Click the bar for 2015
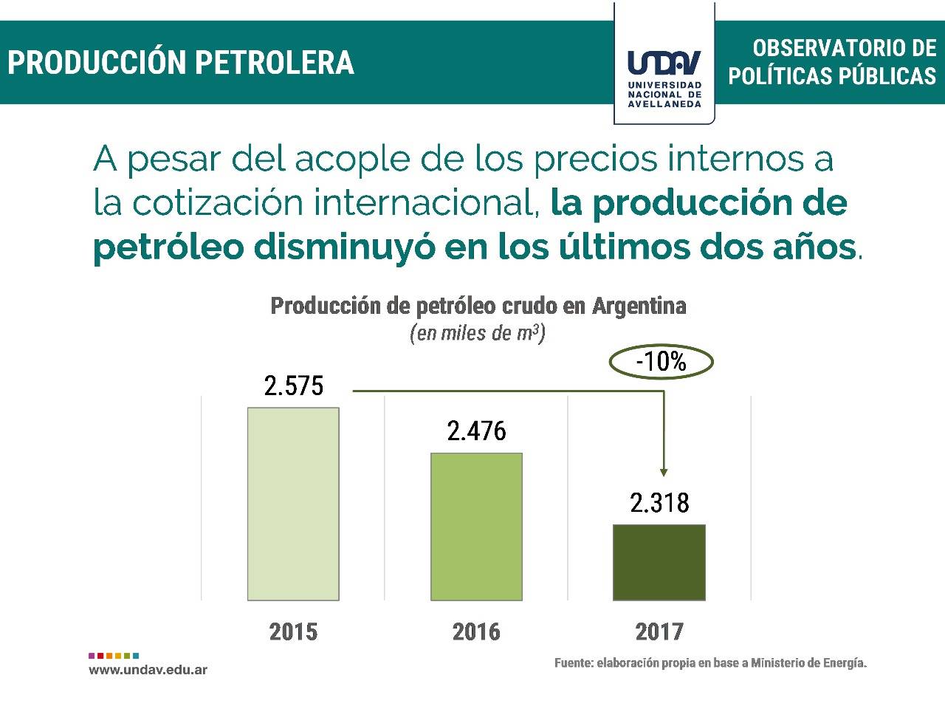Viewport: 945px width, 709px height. pos(293,504)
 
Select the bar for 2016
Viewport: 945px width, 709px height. pos(476,526)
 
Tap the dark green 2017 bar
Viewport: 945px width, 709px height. pos(659,562)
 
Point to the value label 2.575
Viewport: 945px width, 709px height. pos(294,386)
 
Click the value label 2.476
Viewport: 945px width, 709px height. pos(476,431)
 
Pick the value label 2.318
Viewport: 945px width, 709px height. pos(659,503)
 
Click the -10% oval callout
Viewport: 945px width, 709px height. pos(661,362)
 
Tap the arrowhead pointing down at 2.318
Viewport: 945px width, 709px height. pos(664,471)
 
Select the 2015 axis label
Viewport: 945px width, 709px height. pos(293,632)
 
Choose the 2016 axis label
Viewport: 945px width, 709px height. pos(476,632)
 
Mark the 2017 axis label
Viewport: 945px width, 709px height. pos(659,632)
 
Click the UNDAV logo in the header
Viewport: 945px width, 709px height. pos(664,74)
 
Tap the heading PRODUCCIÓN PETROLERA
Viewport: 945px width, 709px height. pos(181,63)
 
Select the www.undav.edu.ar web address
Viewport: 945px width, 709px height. pos(148,670)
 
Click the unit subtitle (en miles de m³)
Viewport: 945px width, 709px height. pos(478,333)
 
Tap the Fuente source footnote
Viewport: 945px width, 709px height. pos(710,663)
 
